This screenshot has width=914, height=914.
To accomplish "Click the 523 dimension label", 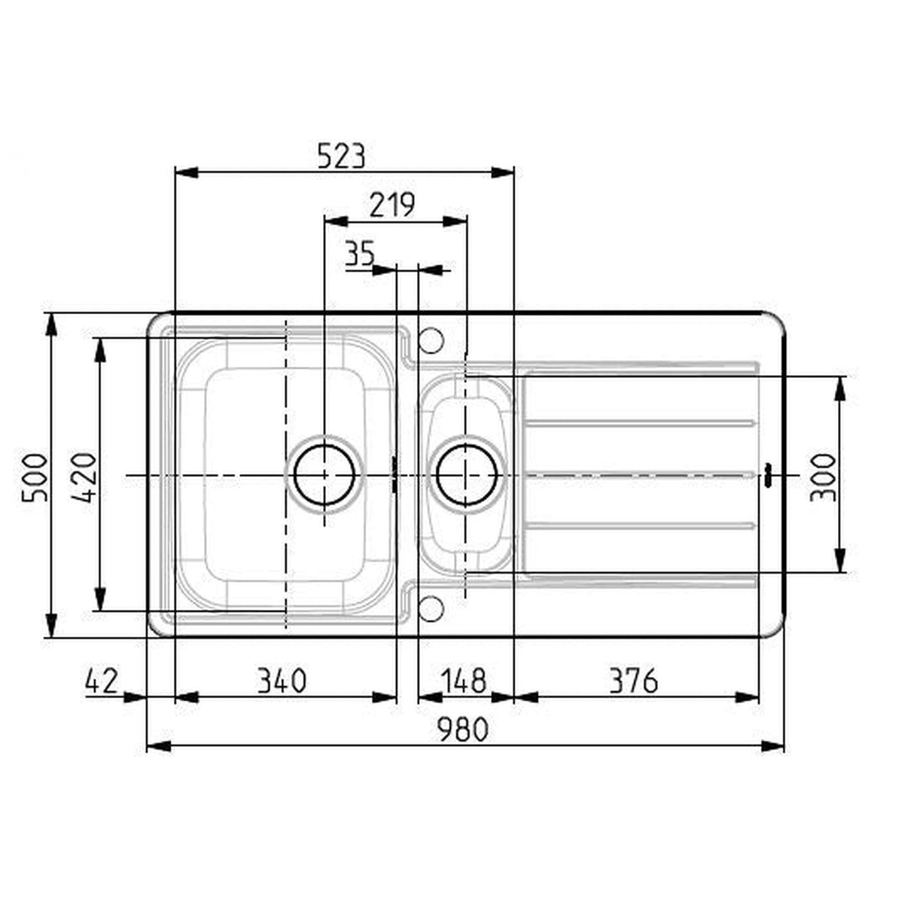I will (x=341, y=156).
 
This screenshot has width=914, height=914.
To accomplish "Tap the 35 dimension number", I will (x=360, y=254).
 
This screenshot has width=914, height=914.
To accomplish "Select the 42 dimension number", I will (x=102, y=681).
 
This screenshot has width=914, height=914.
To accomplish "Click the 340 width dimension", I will (x=282, y=681).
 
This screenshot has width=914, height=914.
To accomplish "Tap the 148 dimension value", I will (x=462, y=681).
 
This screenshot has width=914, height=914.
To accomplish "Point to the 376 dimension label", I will (x=632, y=681).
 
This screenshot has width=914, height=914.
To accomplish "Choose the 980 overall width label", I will (x=464, y=729).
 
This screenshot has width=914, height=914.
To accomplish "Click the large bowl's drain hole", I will (x=324, y=475).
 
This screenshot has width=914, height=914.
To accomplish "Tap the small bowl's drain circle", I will (x=467, y=475).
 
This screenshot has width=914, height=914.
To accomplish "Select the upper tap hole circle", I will (x=431, y=340).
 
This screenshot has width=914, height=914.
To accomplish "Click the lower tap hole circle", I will (x=431, y=609).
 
